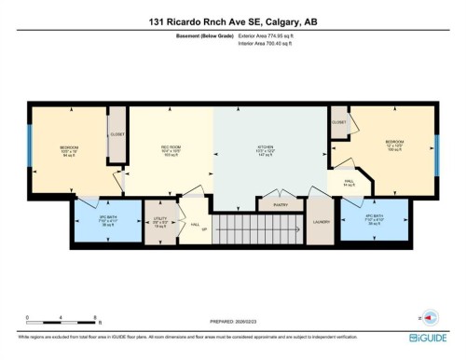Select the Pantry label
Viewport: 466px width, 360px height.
click(279, 204)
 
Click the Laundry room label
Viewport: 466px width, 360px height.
click(322, 223)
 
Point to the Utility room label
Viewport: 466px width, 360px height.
click(160, 223)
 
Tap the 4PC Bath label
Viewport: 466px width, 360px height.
click(375, 219)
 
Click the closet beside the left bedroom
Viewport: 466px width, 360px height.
click(117, 134)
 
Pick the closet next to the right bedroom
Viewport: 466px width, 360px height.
click(339, 122)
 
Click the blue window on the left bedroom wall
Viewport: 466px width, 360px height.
click(30, 149)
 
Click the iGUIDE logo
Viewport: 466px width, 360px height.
click(429, 338)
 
